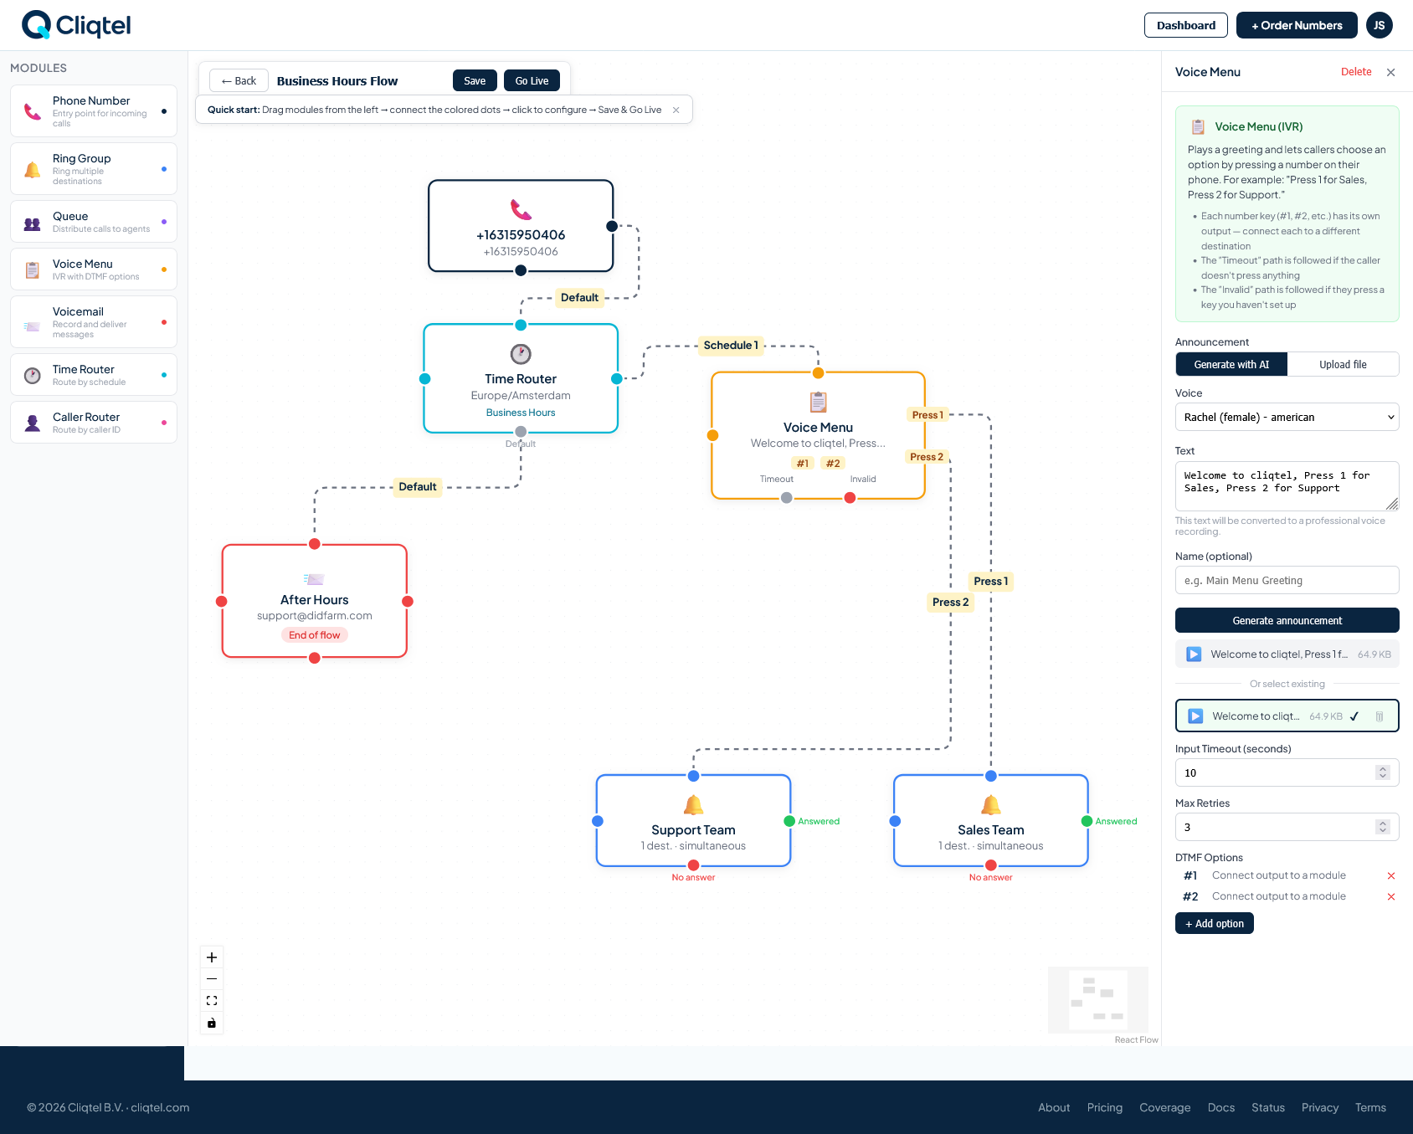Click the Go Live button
(x=532, y=81)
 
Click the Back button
(x=239, y=81)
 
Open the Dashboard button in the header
(x=1185, y=25)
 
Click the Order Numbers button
(x=1296, y=25)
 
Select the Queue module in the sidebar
(x=94, y=222)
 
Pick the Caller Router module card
(x=94, y=423)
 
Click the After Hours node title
(x=314, y=600)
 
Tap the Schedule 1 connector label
(x=731, y=346)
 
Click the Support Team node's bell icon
(x=693, y=805)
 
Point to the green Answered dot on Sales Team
(x=1087, y=821)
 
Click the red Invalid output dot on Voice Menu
(x=850, y=498)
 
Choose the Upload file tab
(x=1343, y=365)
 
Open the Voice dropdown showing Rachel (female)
(x=1287, y=418)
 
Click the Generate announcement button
(x=1287, y=621)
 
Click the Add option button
(x=1214, y=924)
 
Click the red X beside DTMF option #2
(x=1391, y=897)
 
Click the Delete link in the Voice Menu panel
(x=1355, y=72)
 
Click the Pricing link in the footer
(x=1104, y=1108)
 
